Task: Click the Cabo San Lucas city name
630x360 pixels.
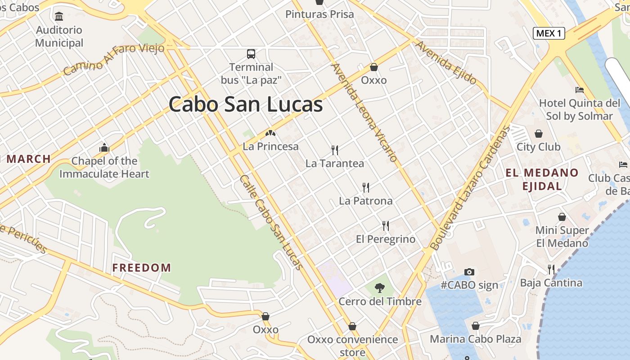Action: click(246, 104)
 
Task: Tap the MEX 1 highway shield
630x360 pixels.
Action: click(549, 33)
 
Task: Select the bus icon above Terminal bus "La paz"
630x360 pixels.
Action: click(251, 54)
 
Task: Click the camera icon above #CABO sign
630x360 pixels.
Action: click(469, 272)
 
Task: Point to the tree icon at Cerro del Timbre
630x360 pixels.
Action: click(380, 288)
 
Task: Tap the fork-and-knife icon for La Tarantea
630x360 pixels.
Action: click(334, 150)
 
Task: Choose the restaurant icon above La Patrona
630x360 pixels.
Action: click(366, 187)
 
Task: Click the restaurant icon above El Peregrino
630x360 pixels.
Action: click(386, 225)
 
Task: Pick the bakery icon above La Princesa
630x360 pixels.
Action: click(270, 133)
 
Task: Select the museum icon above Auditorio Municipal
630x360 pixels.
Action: click(59, 17)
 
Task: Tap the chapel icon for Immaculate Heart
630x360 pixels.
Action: click(104, 148)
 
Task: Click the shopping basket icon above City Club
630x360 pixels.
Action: click(538, 134)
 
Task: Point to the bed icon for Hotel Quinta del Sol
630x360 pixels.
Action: click(580, 90)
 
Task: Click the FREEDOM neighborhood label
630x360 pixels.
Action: click(141, 268)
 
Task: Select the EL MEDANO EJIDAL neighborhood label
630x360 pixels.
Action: click(542, 179)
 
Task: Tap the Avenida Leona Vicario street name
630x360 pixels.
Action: click(364, 112)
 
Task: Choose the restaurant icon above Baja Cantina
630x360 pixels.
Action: click(551, 269)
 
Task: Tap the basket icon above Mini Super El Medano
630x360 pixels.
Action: click(562, 217)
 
